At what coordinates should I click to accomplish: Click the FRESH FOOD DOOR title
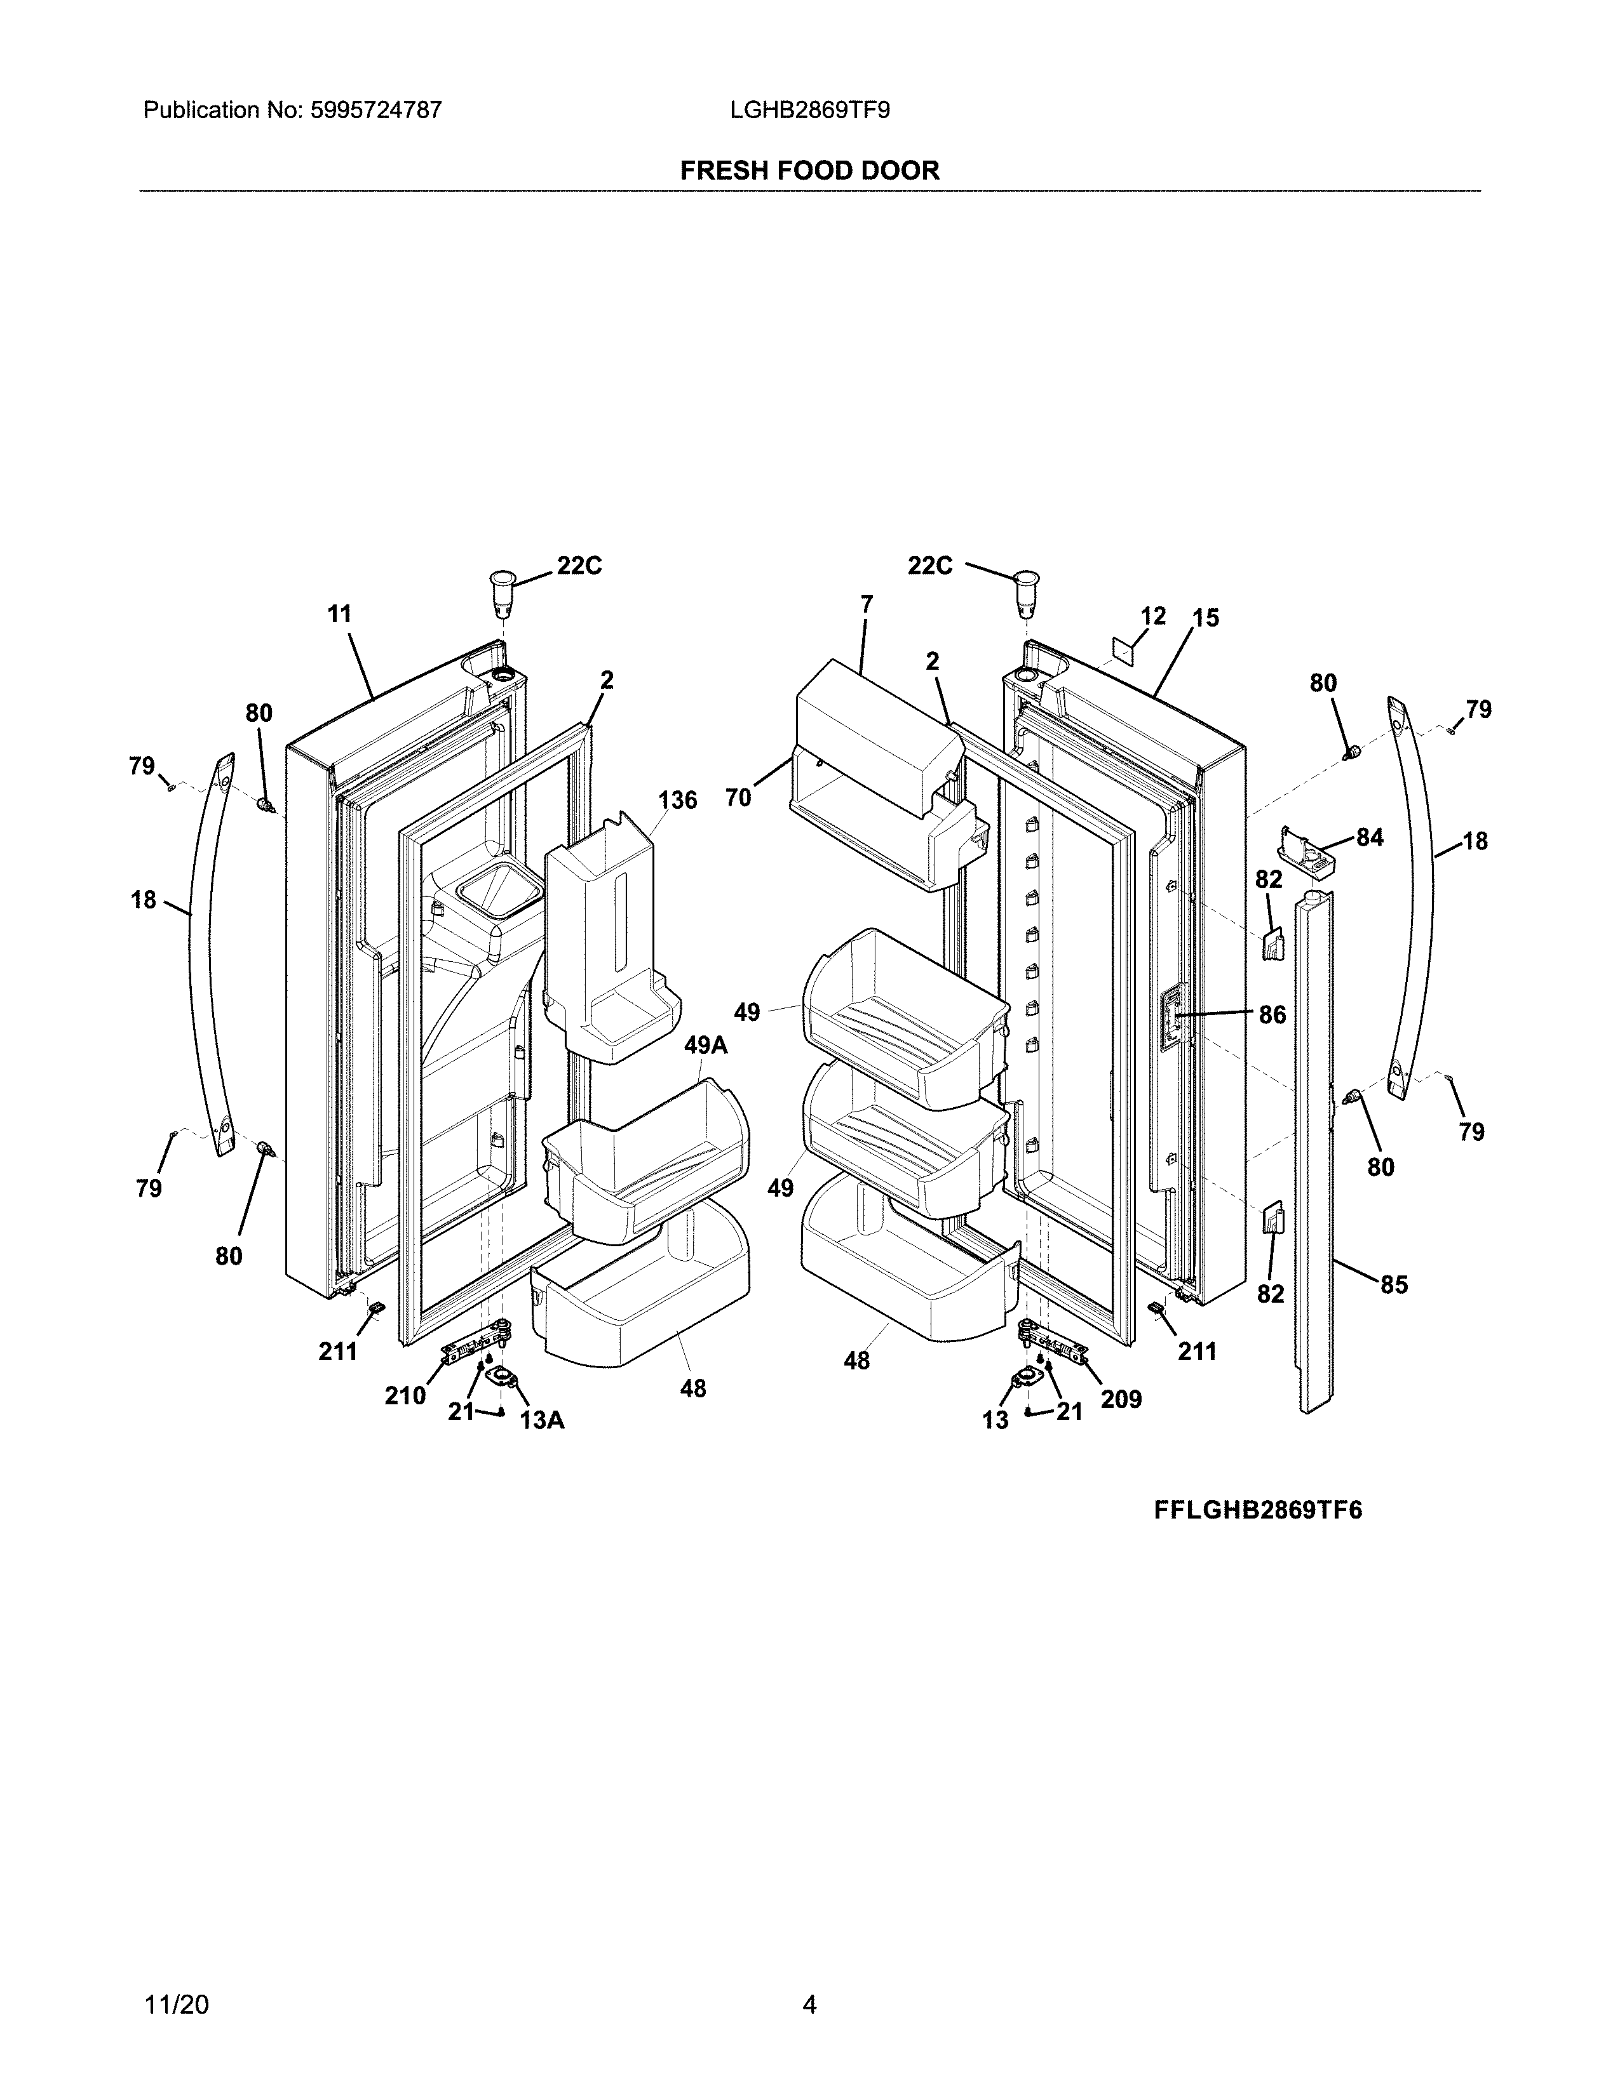(809, 171)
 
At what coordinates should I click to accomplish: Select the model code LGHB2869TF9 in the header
(809, 110)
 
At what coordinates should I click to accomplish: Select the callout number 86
(1272, 1015)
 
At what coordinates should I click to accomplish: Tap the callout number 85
(1393, 1284)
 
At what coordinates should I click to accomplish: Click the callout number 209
(1121, 1400)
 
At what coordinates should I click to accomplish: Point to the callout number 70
(738, 798)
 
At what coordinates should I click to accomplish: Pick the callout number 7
(867, 604)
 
